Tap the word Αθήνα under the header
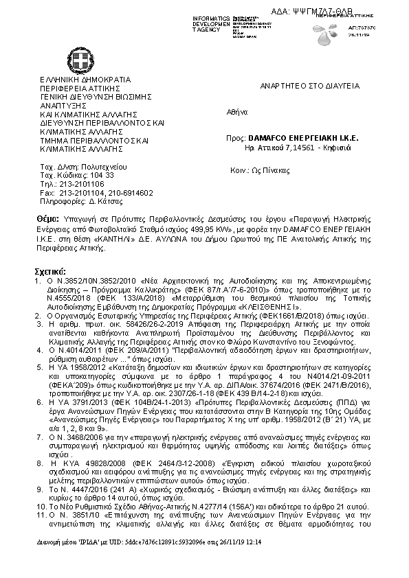coord(236,112)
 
